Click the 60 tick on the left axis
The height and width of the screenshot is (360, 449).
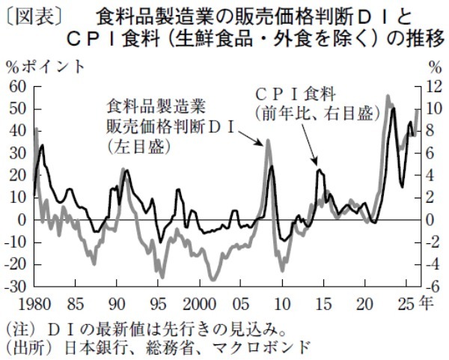tap(17, 87)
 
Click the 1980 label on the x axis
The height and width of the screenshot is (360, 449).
tap(31, 304)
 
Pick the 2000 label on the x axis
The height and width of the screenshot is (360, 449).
tap(199, 304)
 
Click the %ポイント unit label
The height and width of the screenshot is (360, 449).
tap(46, 67)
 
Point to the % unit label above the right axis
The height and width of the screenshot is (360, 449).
tap(433, 67)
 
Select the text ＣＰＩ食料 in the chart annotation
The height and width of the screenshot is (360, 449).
tap(295, 94)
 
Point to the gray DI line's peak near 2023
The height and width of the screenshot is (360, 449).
tap(388, 96)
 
